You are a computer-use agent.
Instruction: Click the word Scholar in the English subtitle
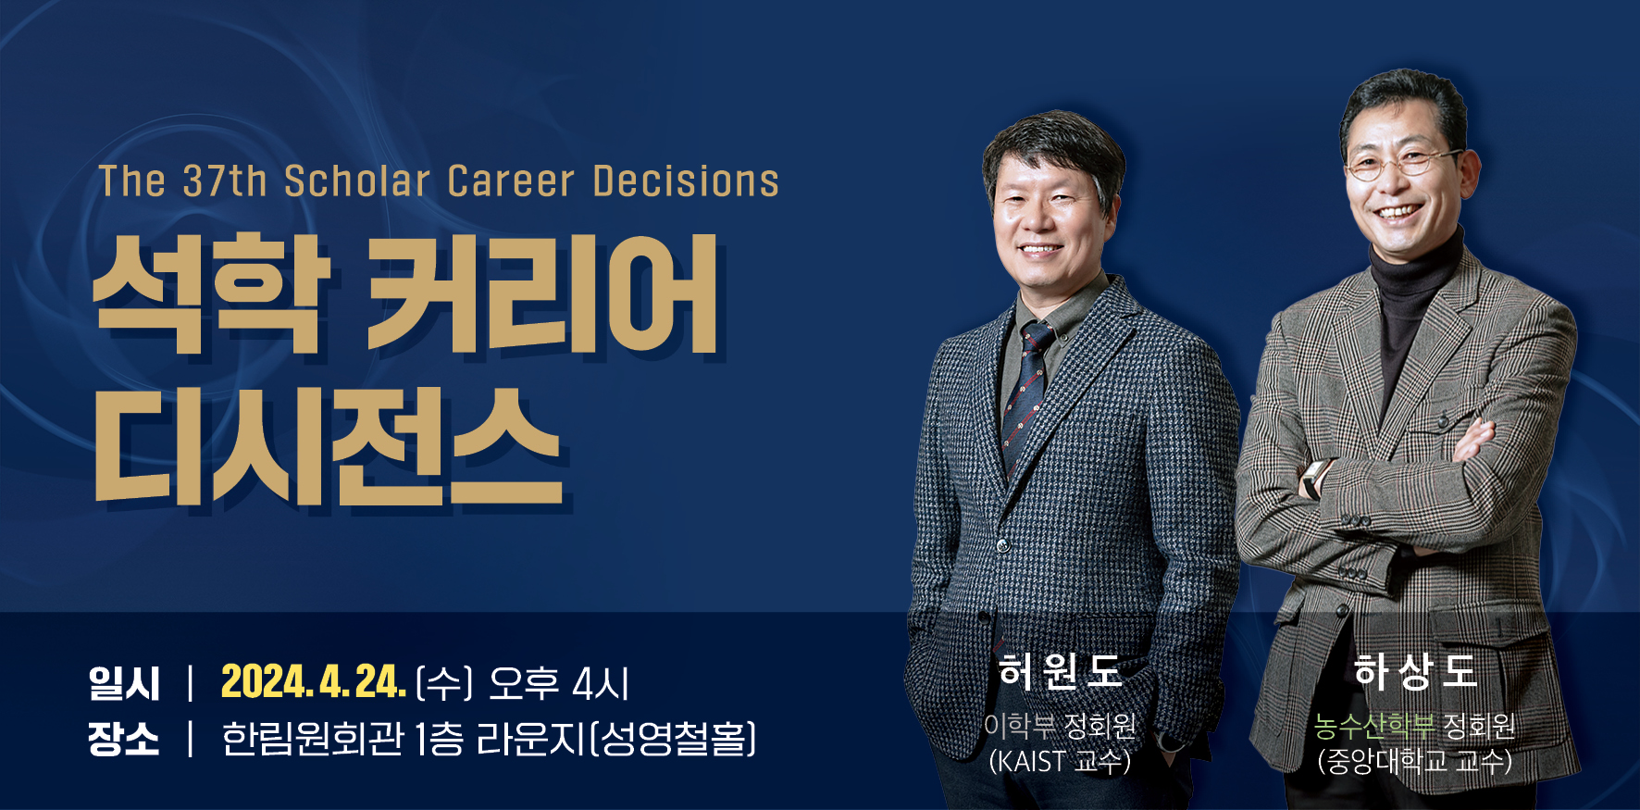[x=357, y=181]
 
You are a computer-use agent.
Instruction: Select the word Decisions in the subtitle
[x=686, y=181]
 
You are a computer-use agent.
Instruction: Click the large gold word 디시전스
[x=329, y=446]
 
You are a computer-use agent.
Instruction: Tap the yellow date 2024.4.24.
[x=314, y=682]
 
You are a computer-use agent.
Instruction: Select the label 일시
[x=124, y=683]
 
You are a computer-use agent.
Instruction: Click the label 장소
[x=124, y=739]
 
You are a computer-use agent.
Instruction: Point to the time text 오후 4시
[x=559, y=683]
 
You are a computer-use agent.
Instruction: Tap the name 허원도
[x=1060, y=671]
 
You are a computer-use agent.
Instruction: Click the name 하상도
[x=1415, y=671]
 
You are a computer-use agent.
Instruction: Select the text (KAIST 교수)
[x=1060, y=761]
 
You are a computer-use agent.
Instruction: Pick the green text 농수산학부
[x=1374, y=725]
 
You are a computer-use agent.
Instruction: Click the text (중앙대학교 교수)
[x=1415, y=761]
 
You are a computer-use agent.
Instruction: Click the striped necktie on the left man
[x=1025, y=398]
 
